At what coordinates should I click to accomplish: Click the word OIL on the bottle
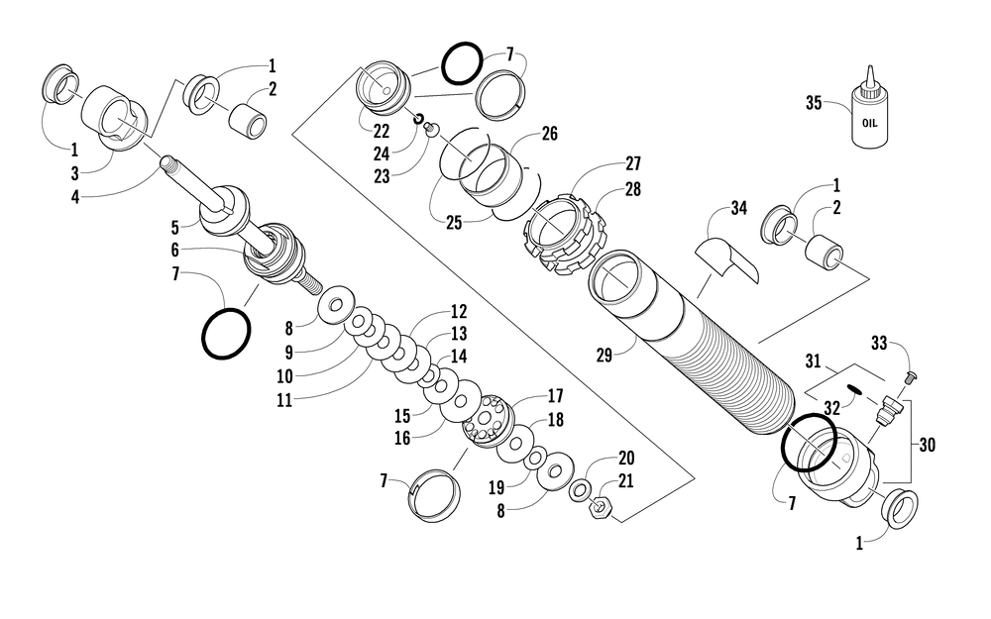[869, 125]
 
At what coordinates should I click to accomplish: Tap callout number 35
[815, 101]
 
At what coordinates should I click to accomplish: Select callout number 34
[737, 208]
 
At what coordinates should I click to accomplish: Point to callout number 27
[633, 163]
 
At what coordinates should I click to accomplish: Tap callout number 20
[625, 459]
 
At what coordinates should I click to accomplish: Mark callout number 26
[549, 134]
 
